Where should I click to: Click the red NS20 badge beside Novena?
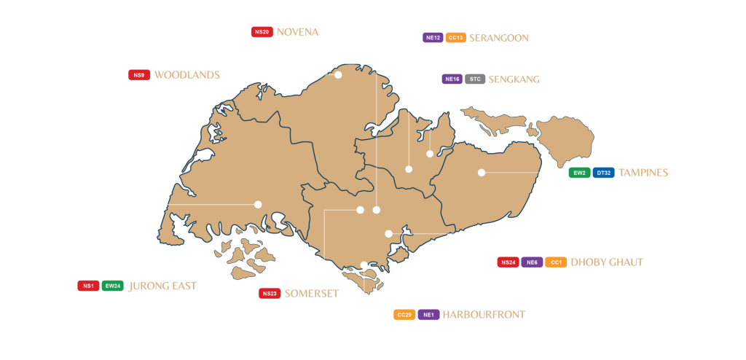click(x=262, y=32)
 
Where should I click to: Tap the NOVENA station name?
click(x=297, y=32)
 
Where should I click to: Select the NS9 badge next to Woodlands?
click(x=139, y=74)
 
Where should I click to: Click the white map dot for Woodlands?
click(x=338, y=74)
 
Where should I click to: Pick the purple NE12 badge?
click(x=433, y=37)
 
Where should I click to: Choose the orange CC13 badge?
click(x=455, y=37)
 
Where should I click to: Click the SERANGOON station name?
click(x=498, y=37)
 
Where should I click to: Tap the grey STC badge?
click(x=475, y=79)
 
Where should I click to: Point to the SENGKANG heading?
click(x=514, y=79)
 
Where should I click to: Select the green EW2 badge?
click(x=579, y=173)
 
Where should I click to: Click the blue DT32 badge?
click(x=603, y=173)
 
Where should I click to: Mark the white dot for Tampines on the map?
click(x=482, y=173)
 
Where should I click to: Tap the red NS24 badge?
click(x=508, y=262)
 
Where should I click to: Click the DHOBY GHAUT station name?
click(x=606, y=262)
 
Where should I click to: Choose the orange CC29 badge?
click(x=404, y=315)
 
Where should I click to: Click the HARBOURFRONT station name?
click(x=483, y=315)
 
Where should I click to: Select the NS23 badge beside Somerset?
click(x=269, y=293)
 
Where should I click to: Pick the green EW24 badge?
click(x=113, y=286)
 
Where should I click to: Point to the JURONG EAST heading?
click(x=162, y=286)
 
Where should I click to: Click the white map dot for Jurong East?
click(x=258, y=205)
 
